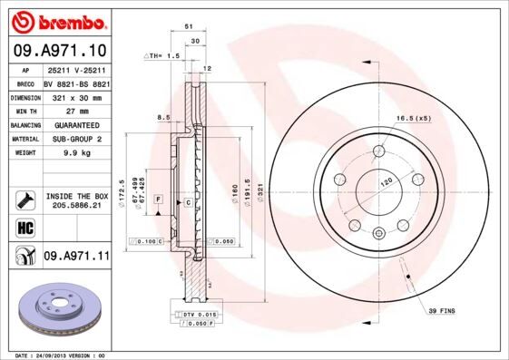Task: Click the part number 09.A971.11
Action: point(76,258)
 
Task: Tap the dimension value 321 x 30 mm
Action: point(75,96)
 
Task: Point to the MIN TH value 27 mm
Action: point(75,111)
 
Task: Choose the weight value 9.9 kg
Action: point(75,153)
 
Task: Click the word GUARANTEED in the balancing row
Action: point(75,125)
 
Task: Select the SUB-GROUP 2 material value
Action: point(75,139)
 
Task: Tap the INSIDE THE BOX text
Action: point(76,196)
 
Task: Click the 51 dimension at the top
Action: point(188,27)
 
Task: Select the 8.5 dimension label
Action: point(163,116)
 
